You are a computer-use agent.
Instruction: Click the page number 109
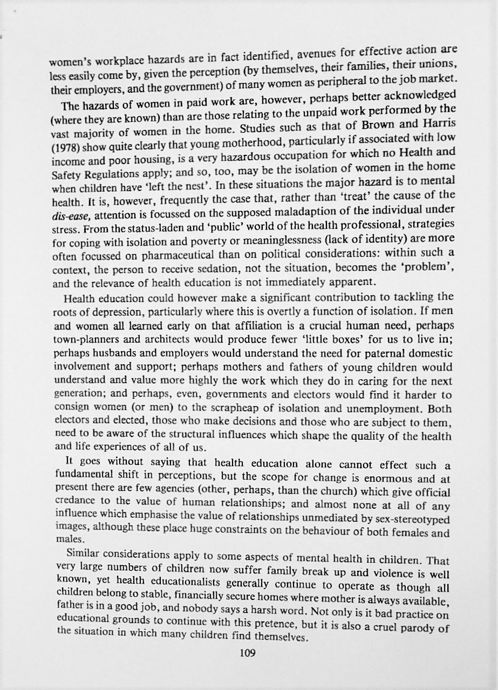(x=247, y=653)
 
